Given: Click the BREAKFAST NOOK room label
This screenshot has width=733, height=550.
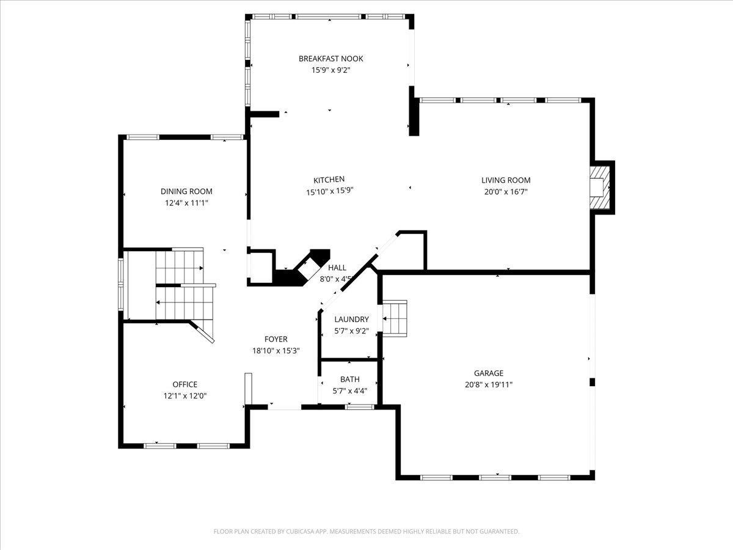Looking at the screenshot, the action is point(330,59).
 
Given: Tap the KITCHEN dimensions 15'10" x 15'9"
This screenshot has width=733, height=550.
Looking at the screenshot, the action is point(330,191).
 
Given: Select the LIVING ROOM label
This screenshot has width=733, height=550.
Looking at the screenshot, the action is point(506,180).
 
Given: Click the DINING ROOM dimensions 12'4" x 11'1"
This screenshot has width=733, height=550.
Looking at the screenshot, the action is point(186,203).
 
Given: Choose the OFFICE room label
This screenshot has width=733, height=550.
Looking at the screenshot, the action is point(184,384).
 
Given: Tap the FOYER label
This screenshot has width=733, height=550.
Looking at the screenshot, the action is point(276,339).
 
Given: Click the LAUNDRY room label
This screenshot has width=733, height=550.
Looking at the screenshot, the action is point(351,319).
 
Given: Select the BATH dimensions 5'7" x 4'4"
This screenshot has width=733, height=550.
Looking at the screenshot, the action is point(349,391).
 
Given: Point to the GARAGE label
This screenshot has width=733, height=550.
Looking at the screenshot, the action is point(489,373).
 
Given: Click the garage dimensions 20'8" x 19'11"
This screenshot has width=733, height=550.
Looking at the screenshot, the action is point(489,385).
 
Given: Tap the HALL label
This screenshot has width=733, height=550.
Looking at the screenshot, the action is point(337,268).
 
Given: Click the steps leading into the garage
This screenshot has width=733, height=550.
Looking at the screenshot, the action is point(395,318).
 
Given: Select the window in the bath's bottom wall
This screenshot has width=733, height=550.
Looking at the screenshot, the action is point(360,407).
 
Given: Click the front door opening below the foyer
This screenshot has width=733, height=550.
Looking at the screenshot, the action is point(285,407).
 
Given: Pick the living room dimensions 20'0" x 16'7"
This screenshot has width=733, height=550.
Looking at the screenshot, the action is point(506,192).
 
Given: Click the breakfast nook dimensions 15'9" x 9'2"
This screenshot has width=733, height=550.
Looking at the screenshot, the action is point(330,70).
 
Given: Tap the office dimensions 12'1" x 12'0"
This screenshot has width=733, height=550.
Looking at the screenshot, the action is point(185,396).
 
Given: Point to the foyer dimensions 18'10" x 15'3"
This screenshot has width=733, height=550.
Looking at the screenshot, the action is point(276,351).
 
